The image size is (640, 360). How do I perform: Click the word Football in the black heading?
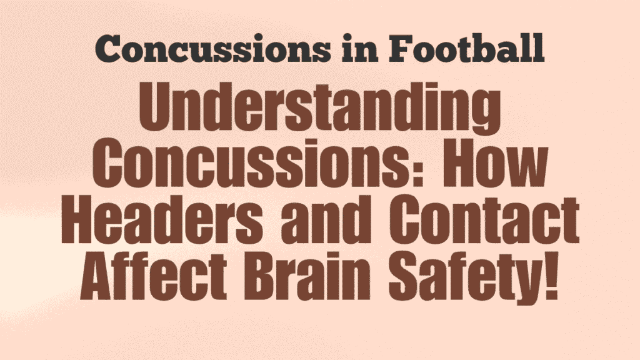tap(460, 48)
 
